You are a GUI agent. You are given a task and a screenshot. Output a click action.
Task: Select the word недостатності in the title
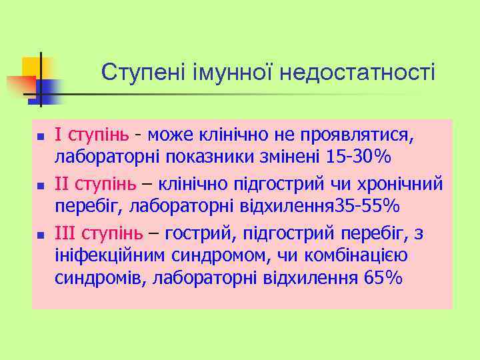pyautogui.click(x=357, y=72)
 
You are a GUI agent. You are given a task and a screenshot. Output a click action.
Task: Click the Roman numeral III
pyautogui.click(x=67, y=233)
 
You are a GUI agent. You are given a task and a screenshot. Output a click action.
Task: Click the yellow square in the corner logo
pyautogui.click(x=31, y=67)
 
